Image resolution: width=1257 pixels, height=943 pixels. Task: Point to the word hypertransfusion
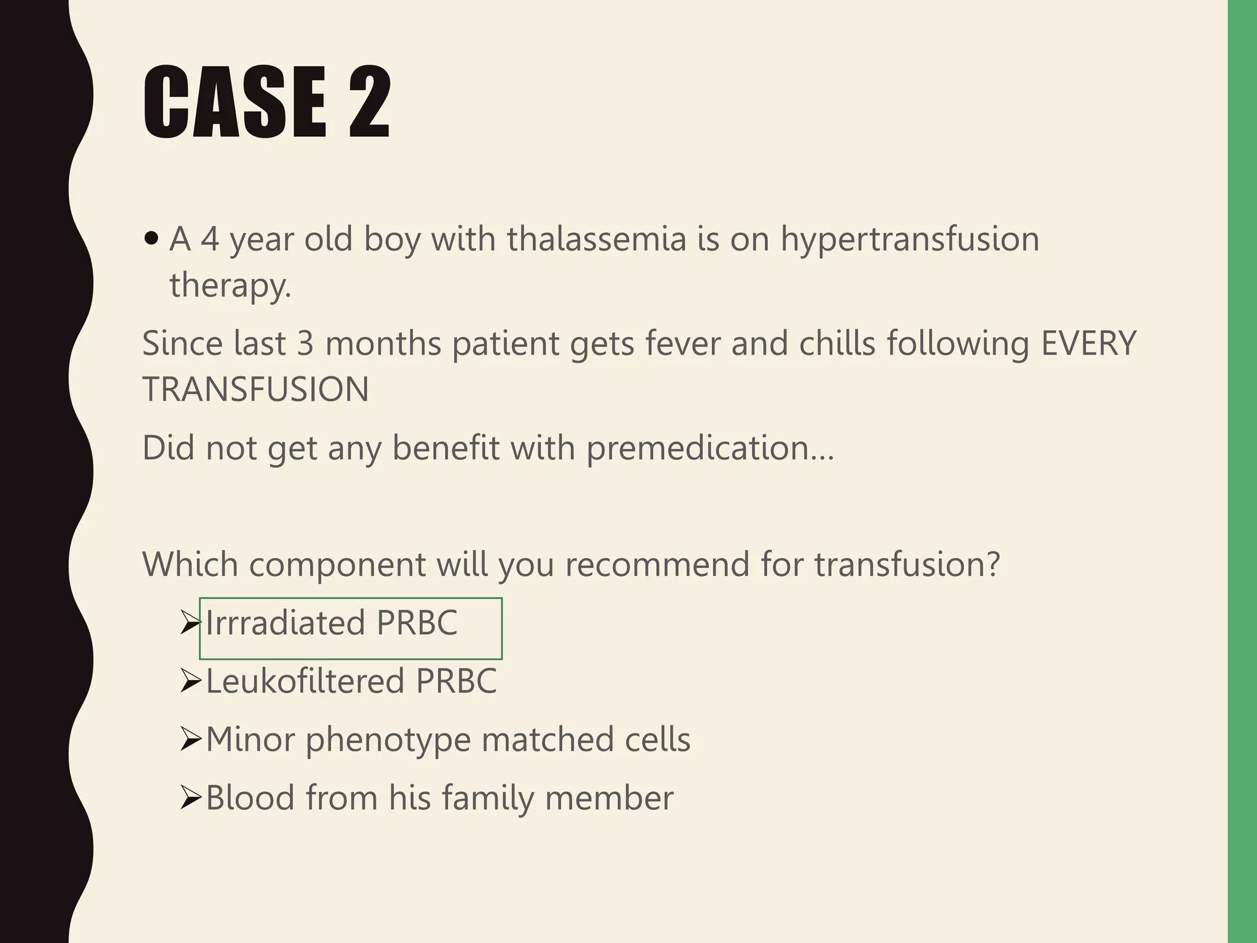coord(910,239)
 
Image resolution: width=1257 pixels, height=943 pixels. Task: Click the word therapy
coord(230,285)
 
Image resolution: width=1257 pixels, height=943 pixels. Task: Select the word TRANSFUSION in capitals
coord(255,389)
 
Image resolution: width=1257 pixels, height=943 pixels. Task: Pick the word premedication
coord(710,448)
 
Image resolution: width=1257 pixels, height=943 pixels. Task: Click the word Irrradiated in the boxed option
coord(285,623)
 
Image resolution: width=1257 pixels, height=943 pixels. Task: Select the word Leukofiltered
coord(305,681)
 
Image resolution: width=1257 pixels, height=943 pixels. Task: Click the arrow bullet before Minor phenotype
coord(191,740)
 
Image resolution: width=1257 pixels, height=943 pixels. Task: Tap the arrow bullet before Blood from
coord(191,798)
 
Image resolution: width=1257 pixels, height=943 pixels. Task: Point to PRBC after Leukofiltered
coord(456,681)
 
